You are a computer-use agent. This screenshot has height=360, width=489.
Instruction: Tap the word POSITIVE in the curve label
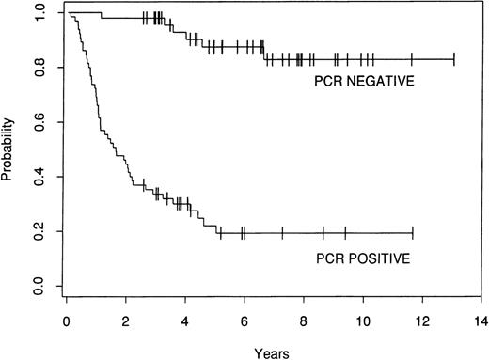click(x=381, y=255)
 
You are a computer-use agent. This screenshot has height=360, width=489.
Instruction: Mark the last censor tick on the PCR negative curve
click(x=454, y=59)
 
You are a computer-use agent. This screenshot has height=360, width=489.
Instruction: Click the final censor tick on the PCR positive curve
click(x=412, y=232)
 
